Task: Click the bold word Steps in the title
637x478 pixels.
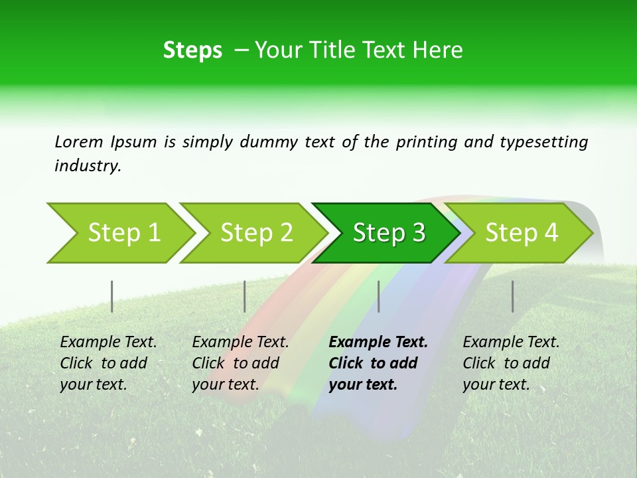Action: [192, 50]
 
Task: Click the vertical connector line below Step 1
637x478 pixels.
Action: [112, 296]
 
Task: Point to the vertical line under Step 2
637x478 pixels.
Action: [245, 296]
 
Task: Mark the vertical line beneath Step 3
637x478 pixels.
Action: [378, 296]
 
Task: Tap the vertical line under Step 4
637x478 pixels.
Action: [512, 296]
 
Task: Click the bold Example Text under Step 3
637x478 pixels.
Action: [378, 343]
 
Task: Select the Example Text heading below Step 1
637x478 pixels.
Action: [108, 343]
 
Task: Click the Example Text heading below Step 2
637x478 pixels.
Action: [240, 343]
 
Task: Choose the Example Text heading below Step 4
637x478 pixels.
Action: [511, 343]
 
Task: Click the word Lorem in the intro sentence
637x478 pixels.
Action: [78, 141]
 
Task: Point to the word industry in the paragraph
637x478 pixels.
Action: [88, 166]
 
